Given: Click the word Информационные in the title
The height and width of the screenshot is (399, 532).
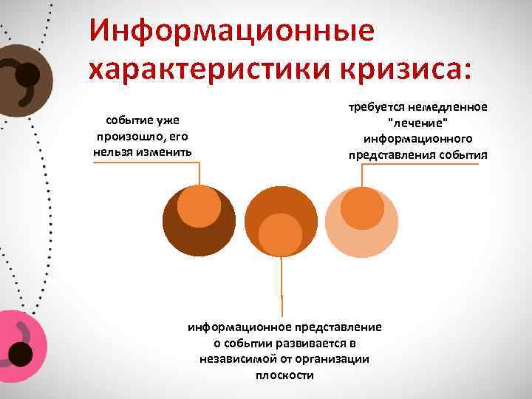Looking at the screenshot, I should [231, 30].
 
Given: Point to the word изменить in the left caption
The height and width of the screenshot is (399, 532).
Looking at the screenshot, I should [167, 151].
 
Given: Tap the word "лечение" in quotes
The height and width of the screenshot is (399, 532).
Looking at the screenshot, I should [417, 123].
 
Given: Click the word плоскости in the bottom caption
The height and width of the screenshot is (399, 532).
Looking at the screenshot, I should [284, 375].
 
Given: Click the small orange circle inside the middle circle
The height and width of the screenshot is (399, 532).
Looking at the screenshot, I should [281, 234].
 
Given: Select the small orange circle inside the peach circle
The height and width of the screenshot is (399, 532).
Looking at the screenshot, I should [362, 208].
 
